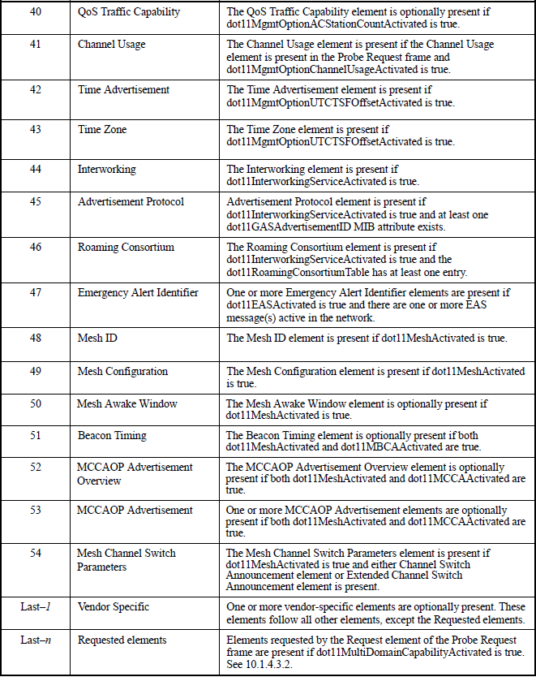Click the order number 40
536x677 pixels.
pos(36,12)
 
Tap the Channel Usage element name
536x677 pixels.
pos(112,45)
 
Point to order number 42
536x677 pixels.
pos(36,89)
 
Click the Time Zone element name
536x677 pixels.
pos(102,129)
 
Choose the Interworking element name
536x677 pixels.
pos(107,170)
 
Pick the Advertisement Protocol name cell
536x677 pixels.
pos(131,202)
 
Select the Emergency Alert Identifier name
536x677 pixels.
pos(138,292)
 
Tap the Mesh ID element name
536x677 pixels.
pos(97,338)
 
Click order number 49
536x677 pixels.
pos(36,371)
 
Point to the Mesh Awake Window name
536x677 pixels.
pos(127,403)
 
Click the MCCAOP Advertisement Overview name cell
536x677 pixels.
pos(135,474)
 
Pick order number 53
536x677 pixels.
pos(36,510)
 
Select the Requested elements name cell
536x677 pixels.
pos(122,640)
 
